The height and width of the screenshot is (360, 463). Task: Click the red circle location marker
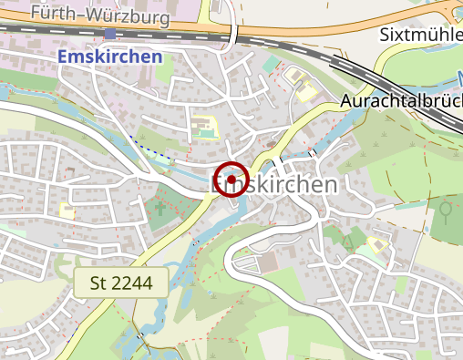(x=231, y=179)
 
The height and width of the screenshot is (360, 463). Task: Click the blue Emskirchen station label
(x=109, y=56)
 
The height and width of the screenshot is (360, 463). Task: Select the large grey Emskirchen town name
(x=273, y=184)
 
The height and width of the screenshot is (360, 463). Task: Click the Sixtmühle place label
(x=420, y=35)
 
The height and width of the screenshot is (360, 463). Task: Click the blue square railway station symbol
(x=110, y=34)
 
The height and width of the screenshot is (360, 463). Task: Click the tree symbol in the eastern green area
(x=446, y=212)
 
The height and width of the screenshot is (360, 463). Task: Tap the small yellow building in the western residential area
(x=67, y=210)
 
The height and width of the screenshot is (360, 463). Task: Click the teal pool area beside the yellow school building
(x=211, y=134)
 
